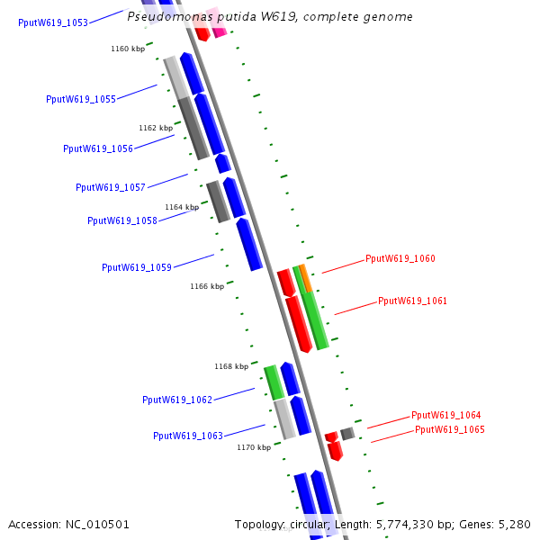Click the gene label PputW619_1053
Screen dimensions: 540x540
(53, 22)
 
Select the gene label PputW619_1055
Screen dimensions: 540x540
(81, 99)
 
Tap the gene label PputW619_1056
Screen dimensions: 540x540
(98, 148)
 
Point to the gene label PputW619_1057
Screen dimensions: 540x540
(111, 187)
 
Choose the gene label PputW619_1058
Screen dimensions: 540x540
(122, 220)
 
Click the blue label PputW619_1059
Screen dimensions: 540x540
(137, 267)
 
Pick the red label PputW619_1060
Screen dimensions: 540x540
(400, 258)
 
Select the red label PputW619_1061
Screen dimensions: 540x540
(412, 301)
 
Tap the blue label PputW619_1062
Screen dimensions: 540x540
(177, 400)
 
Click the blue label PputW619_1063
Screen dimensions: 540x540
(188, 436)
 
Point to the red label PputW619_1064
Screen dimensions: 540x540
(446, 415)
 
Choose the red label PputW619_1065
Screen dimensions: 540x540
(450, 429)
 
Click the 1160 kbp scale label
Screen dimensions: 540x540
(128, 49)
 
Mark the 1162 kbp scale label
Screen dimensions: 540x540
(156, 128)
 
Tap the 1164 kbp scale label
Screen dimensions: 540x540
(182, 207)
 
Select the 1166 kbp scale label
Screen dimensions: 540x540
(206, 286)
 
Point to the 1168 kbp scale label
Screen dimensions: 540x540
(231, 366)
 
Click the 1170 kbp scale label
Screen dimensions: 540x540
(254, 446)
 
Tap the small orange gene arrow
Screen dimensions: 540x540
(305, 276)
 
